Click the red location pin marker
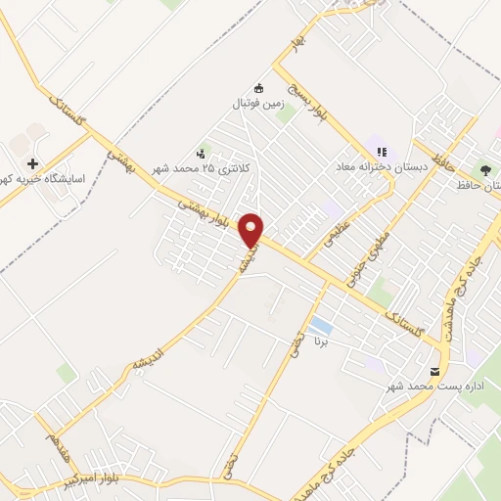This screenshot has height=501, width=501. coord(251,230)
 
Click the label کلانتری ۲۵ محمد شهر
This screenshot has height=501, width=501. coord(202,168)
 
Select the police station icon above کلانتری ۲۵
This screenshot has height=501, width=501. coord(202,153)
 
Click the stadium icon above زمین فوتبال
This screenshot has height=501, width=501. coord(258,87)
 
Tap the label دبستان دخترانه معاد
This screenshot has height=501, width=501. coord(381,167)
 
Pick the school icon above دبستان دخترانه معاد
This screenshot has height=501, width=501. coord(382,152)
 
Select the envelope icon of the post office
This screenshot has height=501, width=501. coord(434,369)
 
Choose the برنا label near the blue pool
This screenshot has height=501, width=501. coord(318,342)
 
